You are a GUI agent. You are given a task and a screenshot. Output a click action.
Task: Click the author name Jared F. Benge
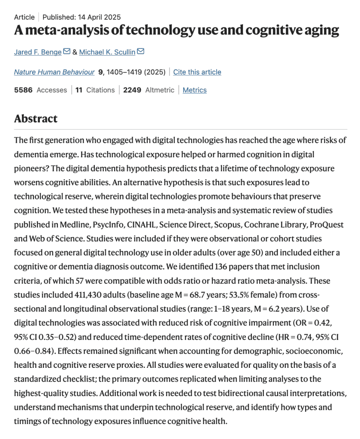point(38,52)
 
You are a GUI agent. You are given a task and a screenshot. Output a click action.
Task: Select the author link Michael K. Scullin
point(107,52)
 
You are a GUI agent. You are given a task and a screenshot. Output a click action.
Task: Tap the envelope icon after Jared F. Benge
point(67,51)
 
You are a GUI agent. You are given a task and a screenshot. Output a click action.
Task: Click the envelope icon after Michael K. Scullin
point(140,51)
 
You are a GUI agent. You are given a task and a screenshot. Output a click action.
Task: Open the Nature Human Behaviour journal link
point(54,72)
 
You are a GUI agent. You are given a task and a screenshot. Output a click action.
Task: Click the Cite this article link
point(197,72)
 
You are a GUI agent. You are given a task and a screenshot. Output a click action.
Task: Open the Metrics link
point(194,90)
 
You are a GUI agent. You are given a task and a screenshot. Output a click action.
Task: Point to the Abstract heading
point(36,118)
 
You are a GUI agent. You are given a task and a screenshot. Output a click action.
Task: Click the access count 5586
point(23,90)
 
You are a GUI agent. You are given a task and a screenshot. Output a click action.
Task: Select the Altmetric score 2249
point(132,90)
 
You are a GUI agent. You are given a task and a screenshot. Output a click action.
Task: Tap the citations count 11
point(79,90)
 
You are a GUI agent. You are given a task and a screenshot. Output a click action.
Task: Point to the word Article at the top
point(24,17)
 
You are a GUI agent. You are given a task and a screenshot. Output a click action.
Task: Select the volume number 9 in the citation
point(100,72)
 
